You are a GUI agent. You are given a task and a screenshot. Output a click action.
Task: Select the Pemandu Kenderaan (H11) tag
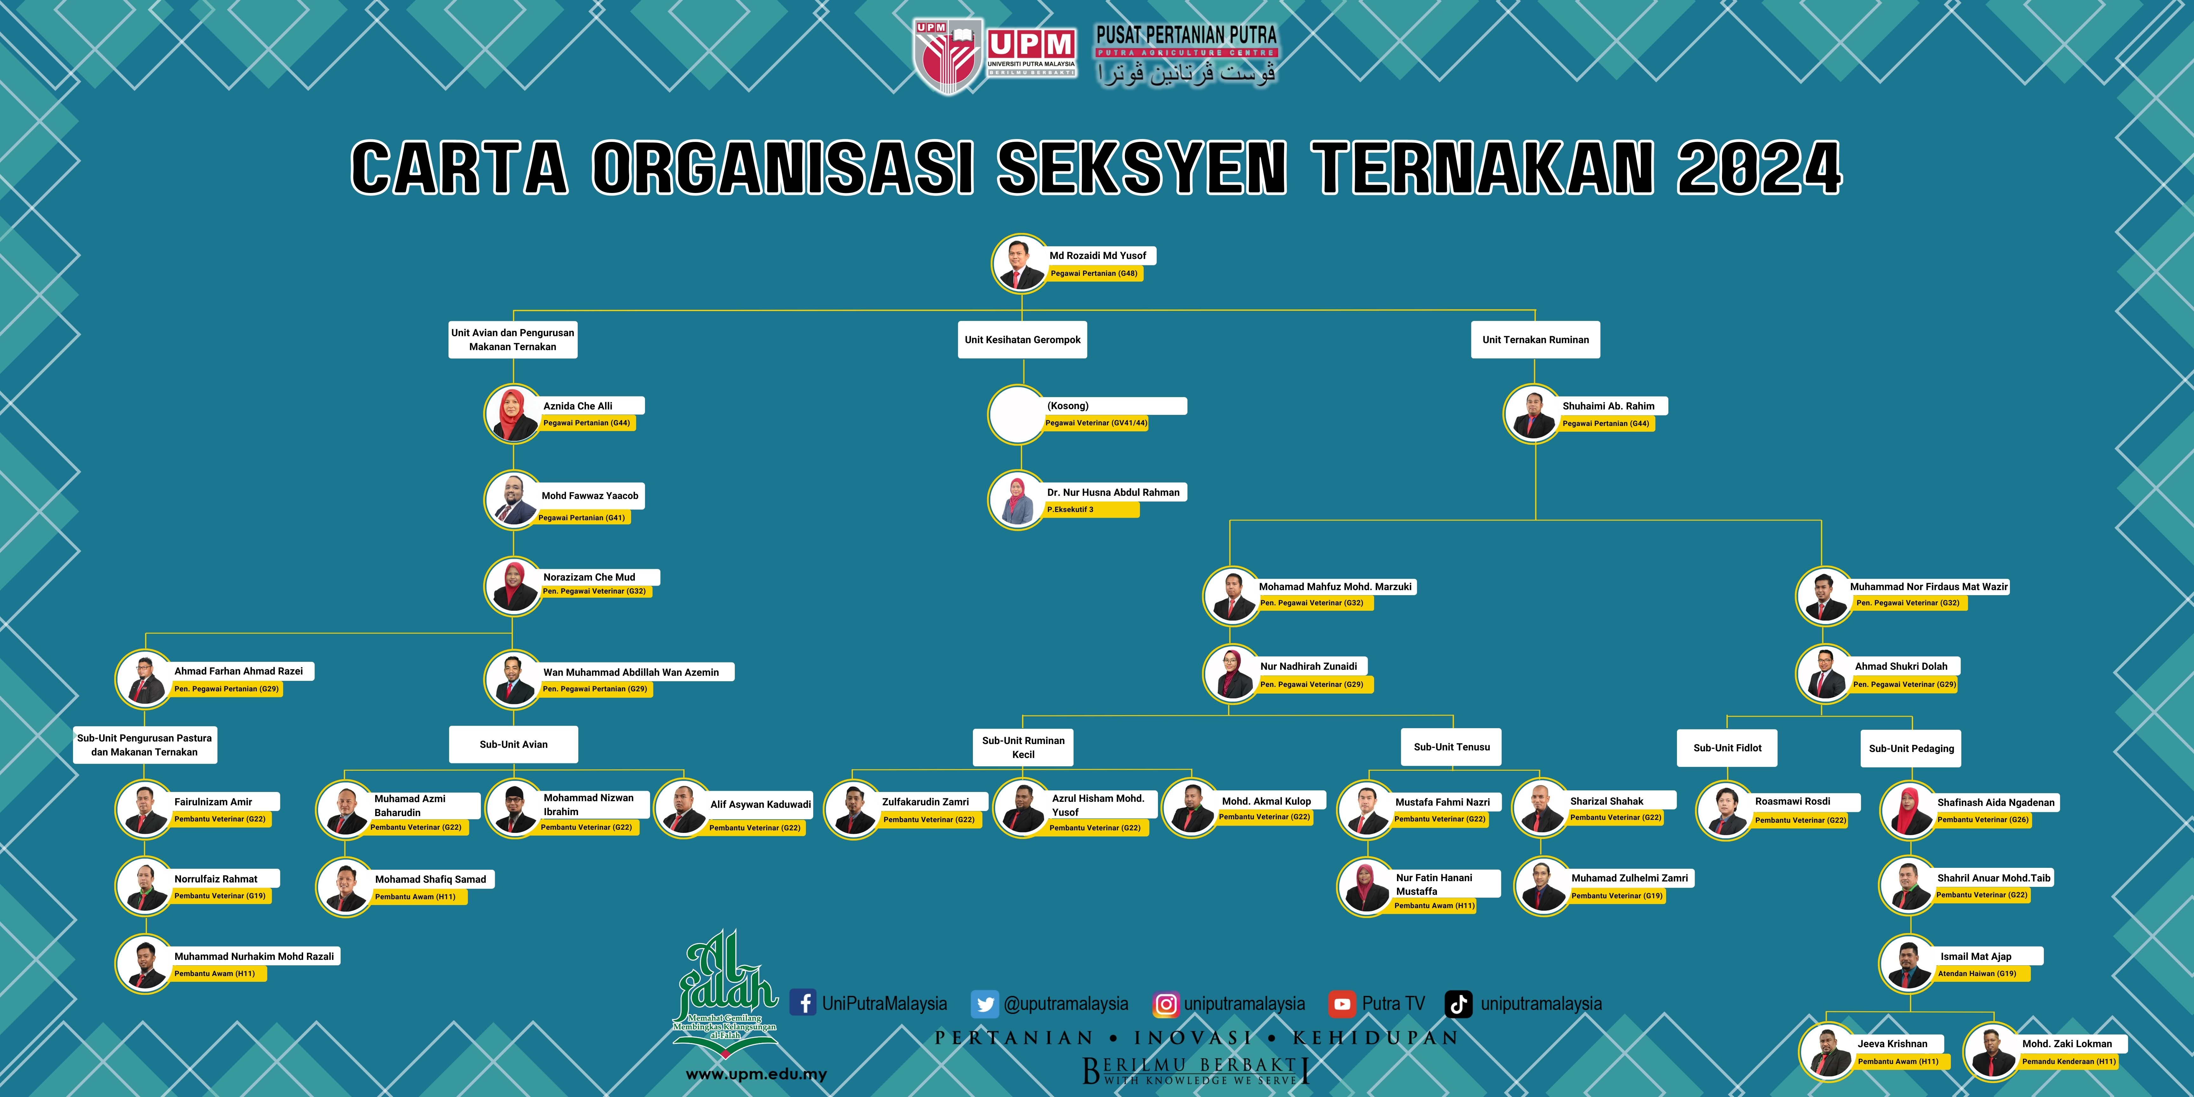click(2068, 1061)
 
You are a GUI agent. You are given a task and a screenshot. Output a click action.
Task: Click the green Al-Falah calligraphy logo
click(726, 988)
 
